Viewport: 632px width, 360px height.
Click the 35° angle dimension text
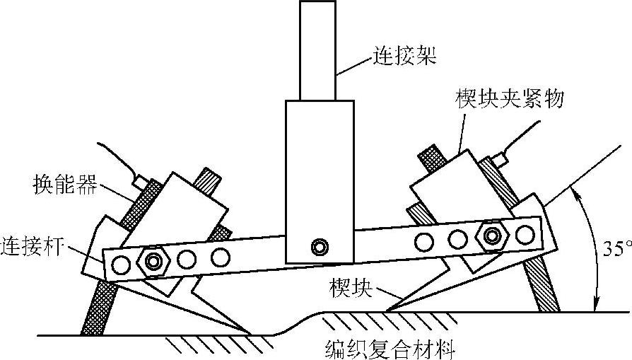point(612,249)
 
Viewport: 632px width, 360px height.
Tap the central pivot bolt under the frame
point(320,246)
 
